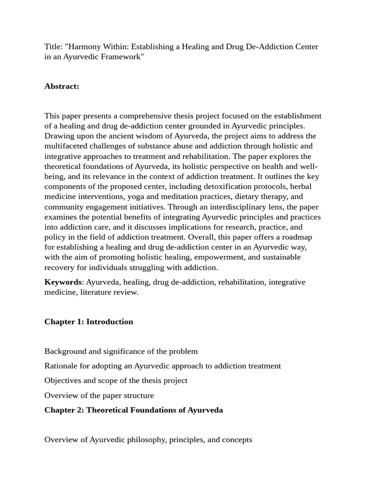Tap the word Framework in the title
coord(121,57)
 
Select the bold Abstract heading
coord(62,86)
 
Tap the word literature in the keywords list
coord(97,292)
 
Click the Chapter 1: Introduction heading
coord(89,322)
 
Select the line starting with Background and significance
coord(121,351)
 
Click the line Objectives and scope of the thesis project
coord(116,380)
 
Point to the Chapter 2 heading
coord(134,410)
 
